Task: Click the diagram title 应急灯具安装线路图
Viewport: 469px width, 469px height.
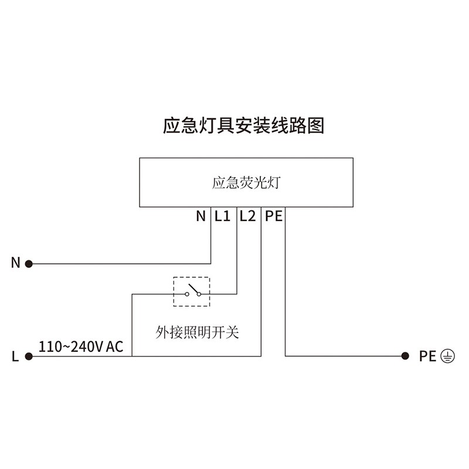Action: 243,125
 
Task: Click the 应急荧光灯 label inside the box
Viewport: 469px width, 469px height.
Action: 247,183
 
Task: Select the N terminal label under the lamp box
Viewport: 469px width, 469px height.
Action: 201,216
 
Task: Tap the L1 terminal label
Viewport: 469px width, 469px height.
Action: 222,216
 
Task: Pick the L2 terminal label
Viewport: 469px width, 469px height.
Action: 247,216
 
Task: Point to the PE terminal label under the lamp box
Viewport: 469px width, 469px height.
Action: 274,216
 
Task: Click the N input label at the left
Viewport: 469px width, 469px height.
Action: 16,263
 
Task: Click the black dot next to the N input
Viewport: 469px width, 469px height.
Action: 28,264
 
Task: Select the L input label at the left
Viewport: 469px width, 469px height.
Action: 15,356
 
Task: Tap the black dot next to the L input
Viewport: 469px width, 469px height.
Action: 28,356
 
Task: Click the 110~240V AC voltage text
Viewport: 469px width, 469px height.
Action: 81,346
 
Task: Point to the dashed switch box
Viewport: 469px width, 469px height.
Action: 191,291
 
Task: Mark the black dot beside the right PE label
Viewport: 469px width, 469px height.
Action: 405,356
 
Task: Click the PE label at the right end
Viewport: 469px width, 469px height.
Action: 427,356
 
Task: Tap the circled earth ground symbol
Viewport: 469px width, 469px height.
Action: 447,356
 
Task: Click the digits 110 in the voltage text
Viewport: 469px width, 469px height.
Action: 48,346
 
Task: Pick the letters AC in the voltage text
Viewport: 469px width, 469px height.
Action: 115,346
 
